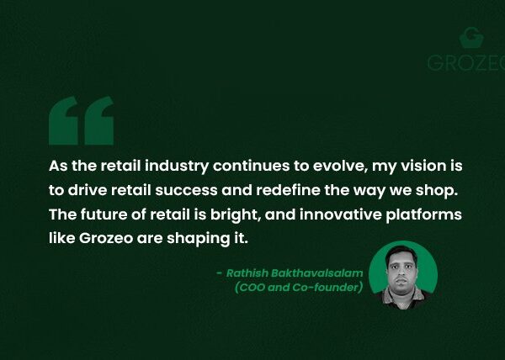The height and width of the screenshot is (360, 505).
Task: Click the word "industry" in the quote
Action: click(x=177, y=167)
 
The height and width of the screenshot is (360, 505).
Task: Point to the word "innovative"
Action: click(x=340, y=214)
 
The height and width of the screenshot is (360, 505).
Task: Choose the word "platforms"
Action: click(x=423, y=214)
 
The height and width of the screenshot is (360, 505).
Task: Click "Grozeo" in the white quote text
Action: click(x=106, y=238)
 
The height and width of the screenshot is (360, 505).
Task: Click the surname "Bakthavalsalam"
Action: click(x=317, y=273)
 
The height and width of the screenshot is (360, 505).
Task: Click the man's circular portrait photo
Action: click(x=403, y=275)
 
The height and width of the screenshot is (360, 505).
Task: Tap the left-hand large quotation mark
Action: click(x=63, y=120)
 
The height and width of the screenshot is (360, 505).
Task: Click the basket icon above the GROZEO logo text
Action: click(x=471, y=38)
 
